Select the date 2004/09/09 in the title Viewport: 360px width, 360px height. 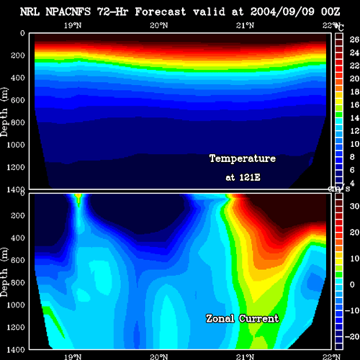(x=282, y=12)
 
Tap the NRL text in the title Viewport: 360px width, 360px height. (x=30, y=12)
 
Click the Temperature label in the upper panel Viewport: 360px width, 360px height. (x=243, y=158)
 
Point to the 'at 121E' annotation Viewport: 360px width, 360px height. (x=243, y=177)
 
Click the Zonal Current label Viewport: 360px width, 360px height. (x=243, y=318)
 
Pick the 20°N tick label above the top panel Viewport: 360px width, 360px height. (x=159, y=25)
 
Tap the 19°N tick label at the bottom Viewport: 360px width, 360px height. (x=73, y=356)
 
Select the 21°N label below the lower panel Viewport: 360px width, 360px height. (x=245, y=356)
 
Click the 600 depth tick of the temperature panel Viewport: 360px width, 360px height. (x=18, y=100)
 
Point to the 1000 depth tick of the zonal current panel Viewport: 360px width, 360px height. (x=16, y=305)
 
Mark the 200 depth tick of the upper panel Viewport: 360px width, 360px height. (x=18, y=55)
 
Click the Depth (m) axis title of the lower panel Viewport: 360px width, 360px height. (x=4, y=271)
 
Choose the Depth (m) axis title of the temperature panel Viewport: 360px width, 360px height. (x=4, y=112)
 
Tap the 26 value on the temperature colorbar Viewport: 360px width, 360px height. (x=354, y=40)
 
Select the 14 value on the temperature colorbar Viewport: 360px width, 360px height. (x=354, y=118)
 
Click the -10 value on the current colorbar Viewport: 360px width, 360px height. (x=352, y=310)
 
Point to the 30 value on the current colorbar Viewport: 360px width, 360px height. (x=354, y=206)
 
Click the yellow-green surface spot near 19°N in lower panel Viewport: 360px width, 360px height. (x=78, y=199)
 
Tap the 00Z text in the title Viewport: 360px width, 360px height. (x=330, y=12)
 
